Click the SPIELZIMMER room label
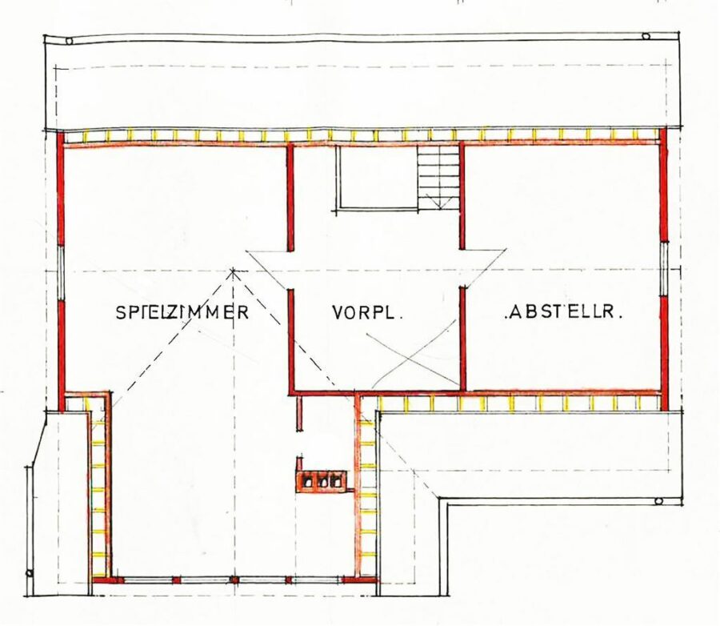(182, 311)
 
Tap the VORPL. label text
(367, 312)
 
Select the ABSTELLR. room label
(563, 311)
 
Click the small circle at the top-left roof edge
(70, 41)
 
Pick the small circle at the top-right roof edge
(646, 36)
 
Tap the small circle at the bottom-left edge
(30, 573)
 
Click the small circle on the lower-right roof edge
(658, 501)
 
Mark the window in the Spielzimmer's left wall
(61, 271)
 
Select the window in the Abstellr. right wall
(663, 268)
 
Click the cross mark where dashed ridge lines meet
(234, 271)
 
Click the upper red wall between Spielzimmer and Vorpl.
(290, 198)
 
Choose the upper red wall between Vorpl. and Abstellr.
(462, 196)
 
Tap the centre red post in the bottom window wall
(234, 580)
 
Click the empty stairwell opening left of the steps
(377, 178)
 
